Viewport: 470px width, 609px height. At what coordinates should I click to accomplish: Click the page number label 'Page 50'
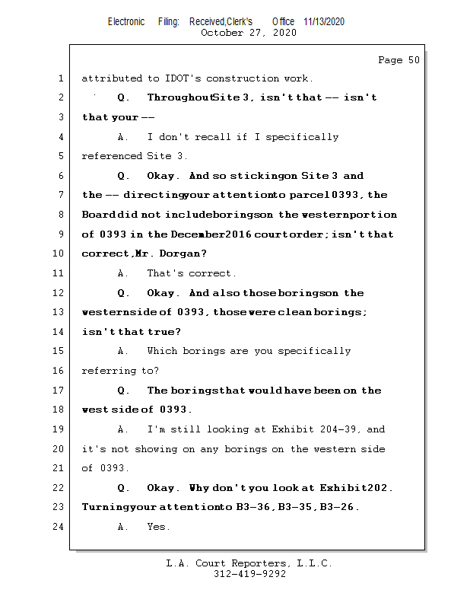click(399, 60)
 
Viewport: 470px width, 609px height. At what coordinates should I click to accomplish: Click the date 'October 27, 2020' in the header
click(248, 33)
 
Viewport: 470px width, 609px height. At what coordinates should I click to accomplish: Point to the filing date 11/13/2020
click(323, 22)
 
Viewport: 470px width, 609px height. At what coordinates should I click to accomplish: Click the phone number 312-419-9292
click(249, 575)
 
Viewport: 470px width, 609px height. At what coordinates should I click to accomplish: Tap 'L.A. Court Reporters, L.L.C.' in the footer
click(249, 564)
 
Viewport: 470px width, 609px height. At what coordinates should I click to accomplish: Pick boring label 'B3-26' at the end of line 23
click(341, 508)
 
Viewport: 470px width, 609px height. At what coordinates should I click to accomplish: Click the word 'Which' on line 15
click(163, 351)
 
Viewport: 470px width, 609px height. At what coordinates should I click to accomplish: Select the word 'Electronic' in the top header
click(126, 22)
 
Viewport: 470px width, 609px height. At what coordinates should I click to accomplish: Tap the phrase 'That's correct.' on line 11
click(192, 273)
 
